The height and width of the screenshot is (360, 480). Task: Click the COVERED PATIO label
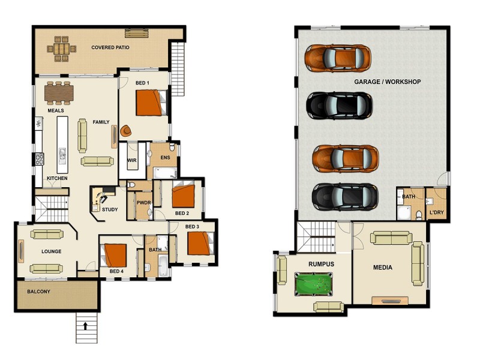pyautogui.click(x=110, y=47)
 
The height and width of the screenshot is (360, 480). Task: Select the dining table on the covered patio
pyautogui.click(x=61, y=48)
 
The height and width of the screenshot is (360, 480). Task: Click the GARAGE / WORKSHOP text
pyautogui.click(x=387, y=82)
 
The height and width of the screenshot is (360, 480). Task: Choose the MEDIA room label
pyautogui.click(x=382, y=268)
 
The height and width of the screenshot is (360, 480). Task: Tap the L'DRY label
pyautogui.click(x=436, y=212)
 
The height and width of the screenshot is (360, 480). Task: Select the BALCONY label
pyautogui.click(x=38, y=292)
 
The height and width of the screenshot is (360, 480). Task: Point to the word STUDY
pyautogui.click(x=110, y=209)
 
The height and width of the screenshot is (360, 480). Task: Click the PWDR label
pyautogui.click(x=143, y=203)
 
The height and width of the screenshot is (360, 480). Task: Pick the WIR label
pyautogui.click(x=132, y=160)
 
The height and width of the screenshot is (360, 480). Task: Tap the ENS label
pyautogui.click(x=165, y=157)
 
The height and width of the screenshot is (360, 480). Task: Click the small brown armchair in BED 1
pyautogui.click(x=127, y=130)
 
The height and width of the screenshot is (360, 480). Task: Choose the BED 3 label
pyautogui.click(x=192, y=226)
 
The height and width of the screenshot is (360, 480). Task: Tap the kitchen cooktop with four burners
pyautogui.click(x=40, y=159)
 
